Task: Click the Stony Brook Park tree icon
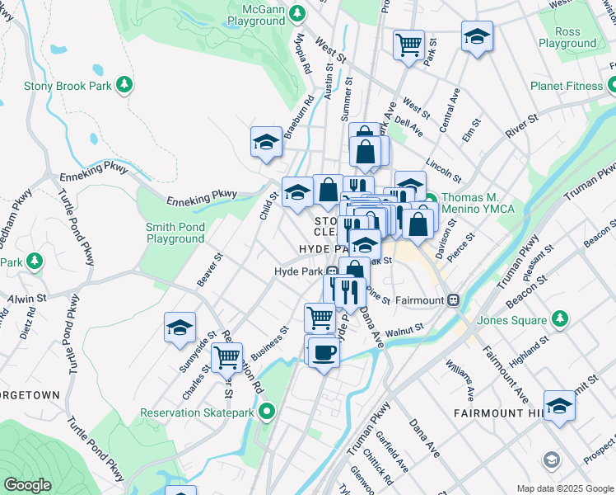124,84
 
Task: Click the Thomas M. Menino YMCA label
478,203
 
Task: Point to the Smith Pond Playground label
175,233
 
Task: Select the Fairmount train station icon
453,300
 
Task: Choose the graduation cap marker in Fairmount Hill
559,406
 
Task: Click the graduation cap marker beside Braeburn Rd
266,141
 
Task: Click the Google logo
27,485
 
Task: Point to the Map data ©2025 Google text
564,488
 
